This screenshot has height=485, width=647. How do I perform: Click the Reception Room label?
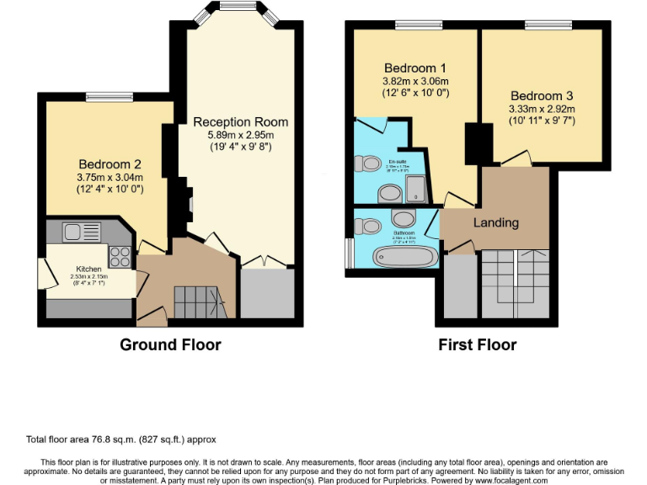239,121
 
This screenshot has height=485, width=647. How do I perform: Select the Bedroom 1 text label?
415,67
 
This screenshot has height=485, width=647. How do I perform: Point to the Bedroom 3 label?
542,94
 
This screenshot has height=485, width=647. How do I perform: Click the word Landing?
496,223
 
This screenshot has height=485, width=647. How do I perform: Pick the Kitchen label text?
88,270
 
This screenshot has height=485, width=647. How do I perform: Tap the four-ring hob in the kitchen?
119,255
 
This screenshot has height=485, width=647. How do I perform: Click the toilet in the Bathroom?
367,226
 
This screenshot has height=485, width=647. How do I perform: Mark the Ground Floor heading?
170,344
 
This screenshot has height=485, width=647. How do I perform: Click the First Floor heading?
477,344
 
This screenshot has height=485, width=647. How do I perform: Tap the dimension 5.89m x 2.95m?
239,134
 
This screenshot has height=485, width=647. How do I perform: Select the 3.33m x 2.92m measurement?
542,109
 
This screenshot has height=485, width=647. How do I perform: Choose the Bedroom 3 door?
516,159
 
